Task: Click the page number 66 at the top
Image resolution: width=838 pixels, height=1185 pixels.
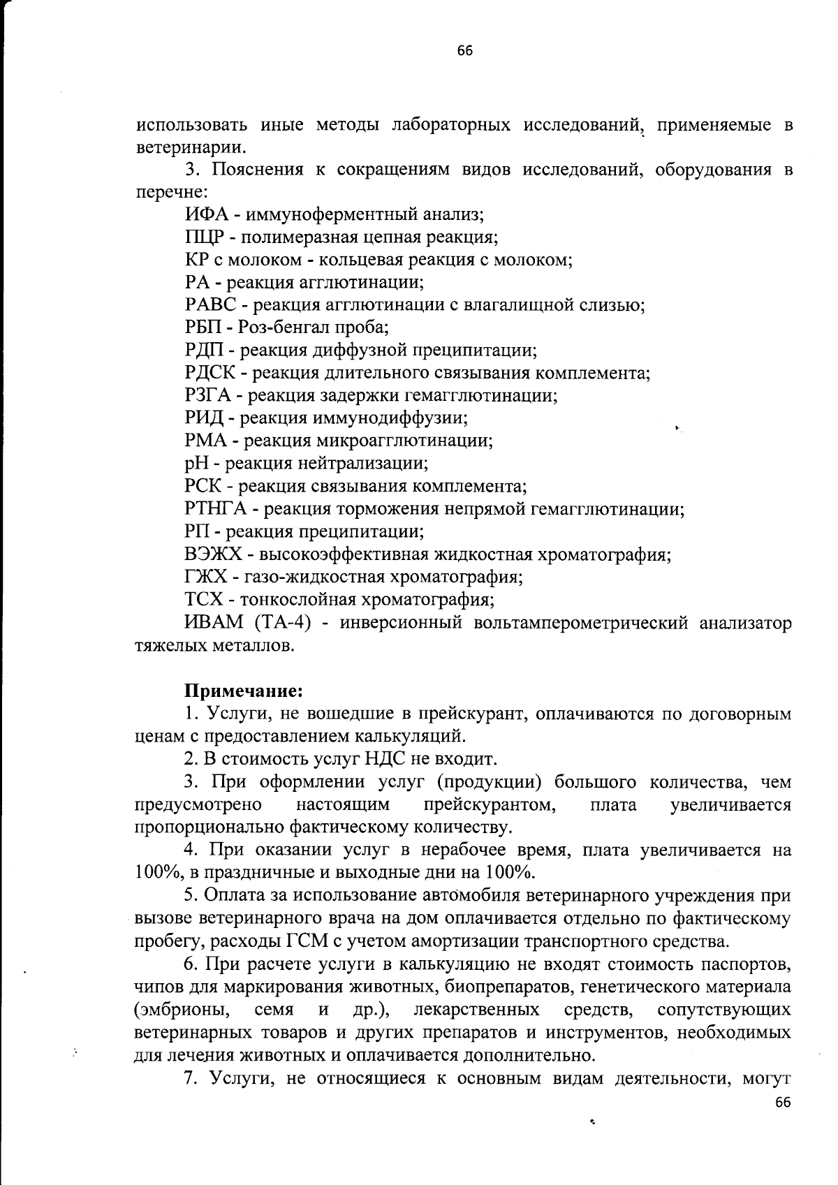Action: [465, 50]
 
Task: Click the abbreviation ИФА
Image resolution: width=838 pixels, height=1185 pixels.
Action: [203, 215]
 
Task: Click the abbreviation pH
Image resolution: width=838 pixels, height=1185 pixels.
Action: [195, 464]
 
